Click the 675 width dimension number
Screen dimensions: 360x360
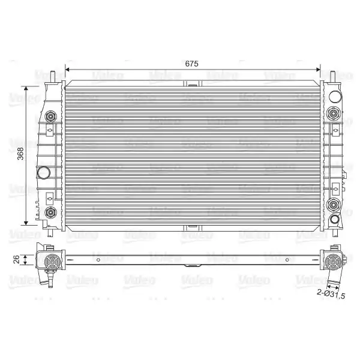click(192, 64)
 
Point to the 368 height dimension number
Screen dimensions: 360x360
click(20, 154)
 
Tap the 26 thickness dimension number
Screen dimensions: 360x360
click(16, 259)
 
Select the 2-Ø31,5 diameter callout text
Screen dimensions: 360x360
click(331, 294)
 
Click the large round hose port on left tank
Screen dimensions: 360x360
click(43, 172)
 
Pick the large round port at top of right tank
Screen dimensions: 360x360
click(335, 97)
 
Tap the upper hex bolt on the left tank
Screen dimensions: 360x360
click(50, 116)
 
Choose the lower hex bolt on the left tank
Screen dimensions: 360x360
click(50, 212)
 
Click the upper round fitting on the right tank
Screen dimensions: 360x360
click(333, 113)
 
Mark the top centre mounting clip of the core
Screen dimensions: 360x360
click(193, 83)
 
